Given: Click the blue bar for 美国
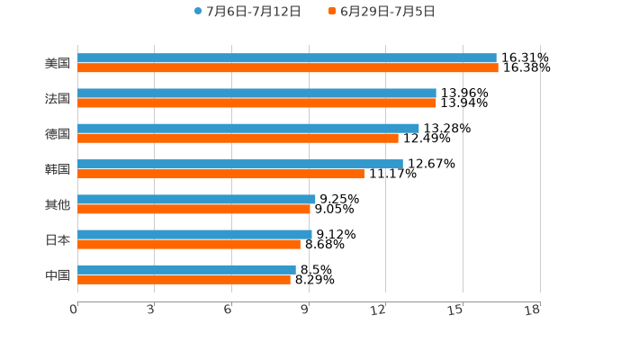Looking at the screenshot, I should coord(286,58).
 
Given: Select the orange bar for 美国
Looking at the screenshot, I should coord(287,68).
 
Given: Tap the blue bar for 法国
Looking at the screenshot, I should coord(256,94).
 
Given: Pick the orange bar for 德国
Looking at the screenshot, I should coord(238,139).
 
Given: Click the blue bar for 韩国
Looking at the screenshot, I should coord(239,164).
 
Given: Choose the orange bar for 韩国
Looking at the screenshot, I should coord(220,174).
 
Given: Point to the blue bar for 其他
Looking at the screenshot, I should coord(196,199).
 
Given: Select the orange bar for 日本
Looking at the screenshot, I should coord(189,244).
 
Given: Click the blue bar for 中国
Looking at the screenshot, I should coord(186,269).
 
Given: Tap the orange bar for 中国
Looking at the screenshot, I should coord(184,279).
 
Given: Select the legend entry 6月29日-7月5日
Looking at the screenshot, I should coord(382,12).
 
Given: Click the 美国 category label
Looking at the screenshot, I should coord(58,64).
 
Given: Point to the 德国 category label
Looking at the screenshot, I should coord(58,134).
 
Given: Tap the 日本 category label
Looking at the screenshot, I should coord(58,239).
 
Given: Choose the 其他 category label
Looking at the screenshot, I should coord(58,204).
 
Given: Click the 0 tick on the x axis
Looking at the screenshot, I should coord(75,310).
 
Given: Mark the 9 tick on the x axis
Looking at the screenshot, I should coord(306,310).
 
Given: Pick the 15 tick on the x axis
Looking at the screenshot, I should coord(456,310).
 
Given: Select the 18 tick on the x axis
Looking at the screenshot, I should coord(533,310).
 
